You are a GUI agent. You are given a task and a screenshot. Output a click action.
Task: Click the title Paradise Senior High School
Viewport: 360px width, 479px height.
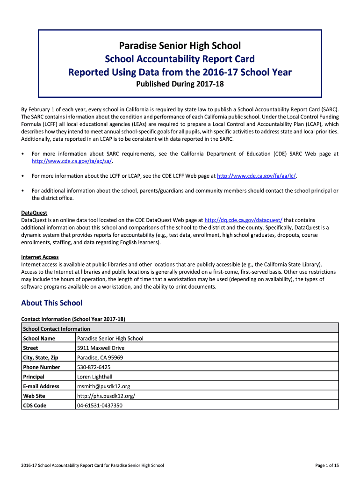coord(180,46)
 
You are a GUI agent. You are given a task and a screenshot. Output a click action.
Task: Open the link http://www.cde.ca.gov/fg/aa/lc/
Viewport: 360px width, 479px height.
coord(257,176)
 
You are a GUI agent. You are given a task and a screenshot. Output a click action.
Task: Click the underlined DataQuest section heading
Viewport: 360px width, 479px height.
coord(34,213)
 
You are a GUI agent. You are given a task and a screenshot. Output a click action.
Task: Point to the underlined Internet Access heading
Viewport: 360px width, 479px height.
coord(40,257)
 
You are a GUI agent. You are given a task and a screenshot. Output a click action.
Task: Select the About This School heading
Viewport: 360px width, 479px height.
coord(51,303)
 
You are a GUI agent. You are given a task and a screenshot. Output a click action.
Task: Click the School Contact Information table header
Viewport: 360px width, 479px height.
coord(56,329)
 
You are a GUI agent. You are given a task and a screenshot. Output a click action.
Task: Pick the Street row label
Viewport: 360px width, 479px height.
coord(30,348)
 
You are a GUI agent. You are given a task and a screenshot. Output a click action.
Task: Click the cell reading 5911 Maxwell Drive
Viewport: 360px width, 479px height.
coord(101,348)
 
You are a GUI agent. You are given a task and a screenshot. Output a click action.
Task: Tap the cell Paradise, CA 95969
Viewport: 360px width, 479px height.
coord(100,358)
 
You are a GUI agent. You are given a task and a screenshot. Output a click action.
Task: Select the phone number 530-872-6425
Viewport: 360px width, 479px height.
coord(94,367)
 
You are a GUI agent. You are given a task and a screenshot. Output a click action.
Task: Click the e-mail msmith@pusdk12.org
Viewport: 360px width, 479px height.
coord(103,386)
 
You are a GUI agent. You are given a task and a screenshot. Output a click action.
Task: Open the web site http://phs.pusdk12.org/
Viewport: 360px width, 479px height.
coord(106,396)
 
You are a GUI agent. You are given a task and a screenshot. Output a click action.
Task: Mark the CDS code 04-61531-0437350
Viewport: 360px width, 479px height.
coord(100,406)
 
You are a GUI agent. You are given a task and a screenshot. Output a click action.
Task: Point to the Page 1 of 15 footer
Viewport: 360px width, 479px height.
coord(327,465)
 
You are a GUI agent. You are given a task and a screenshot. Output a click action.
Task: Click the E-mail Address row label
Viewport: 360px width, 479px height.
coord(41,386)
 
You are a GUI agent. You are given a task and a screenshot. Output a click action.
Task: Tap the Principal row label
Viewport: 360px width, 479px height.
coord(34,377)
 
